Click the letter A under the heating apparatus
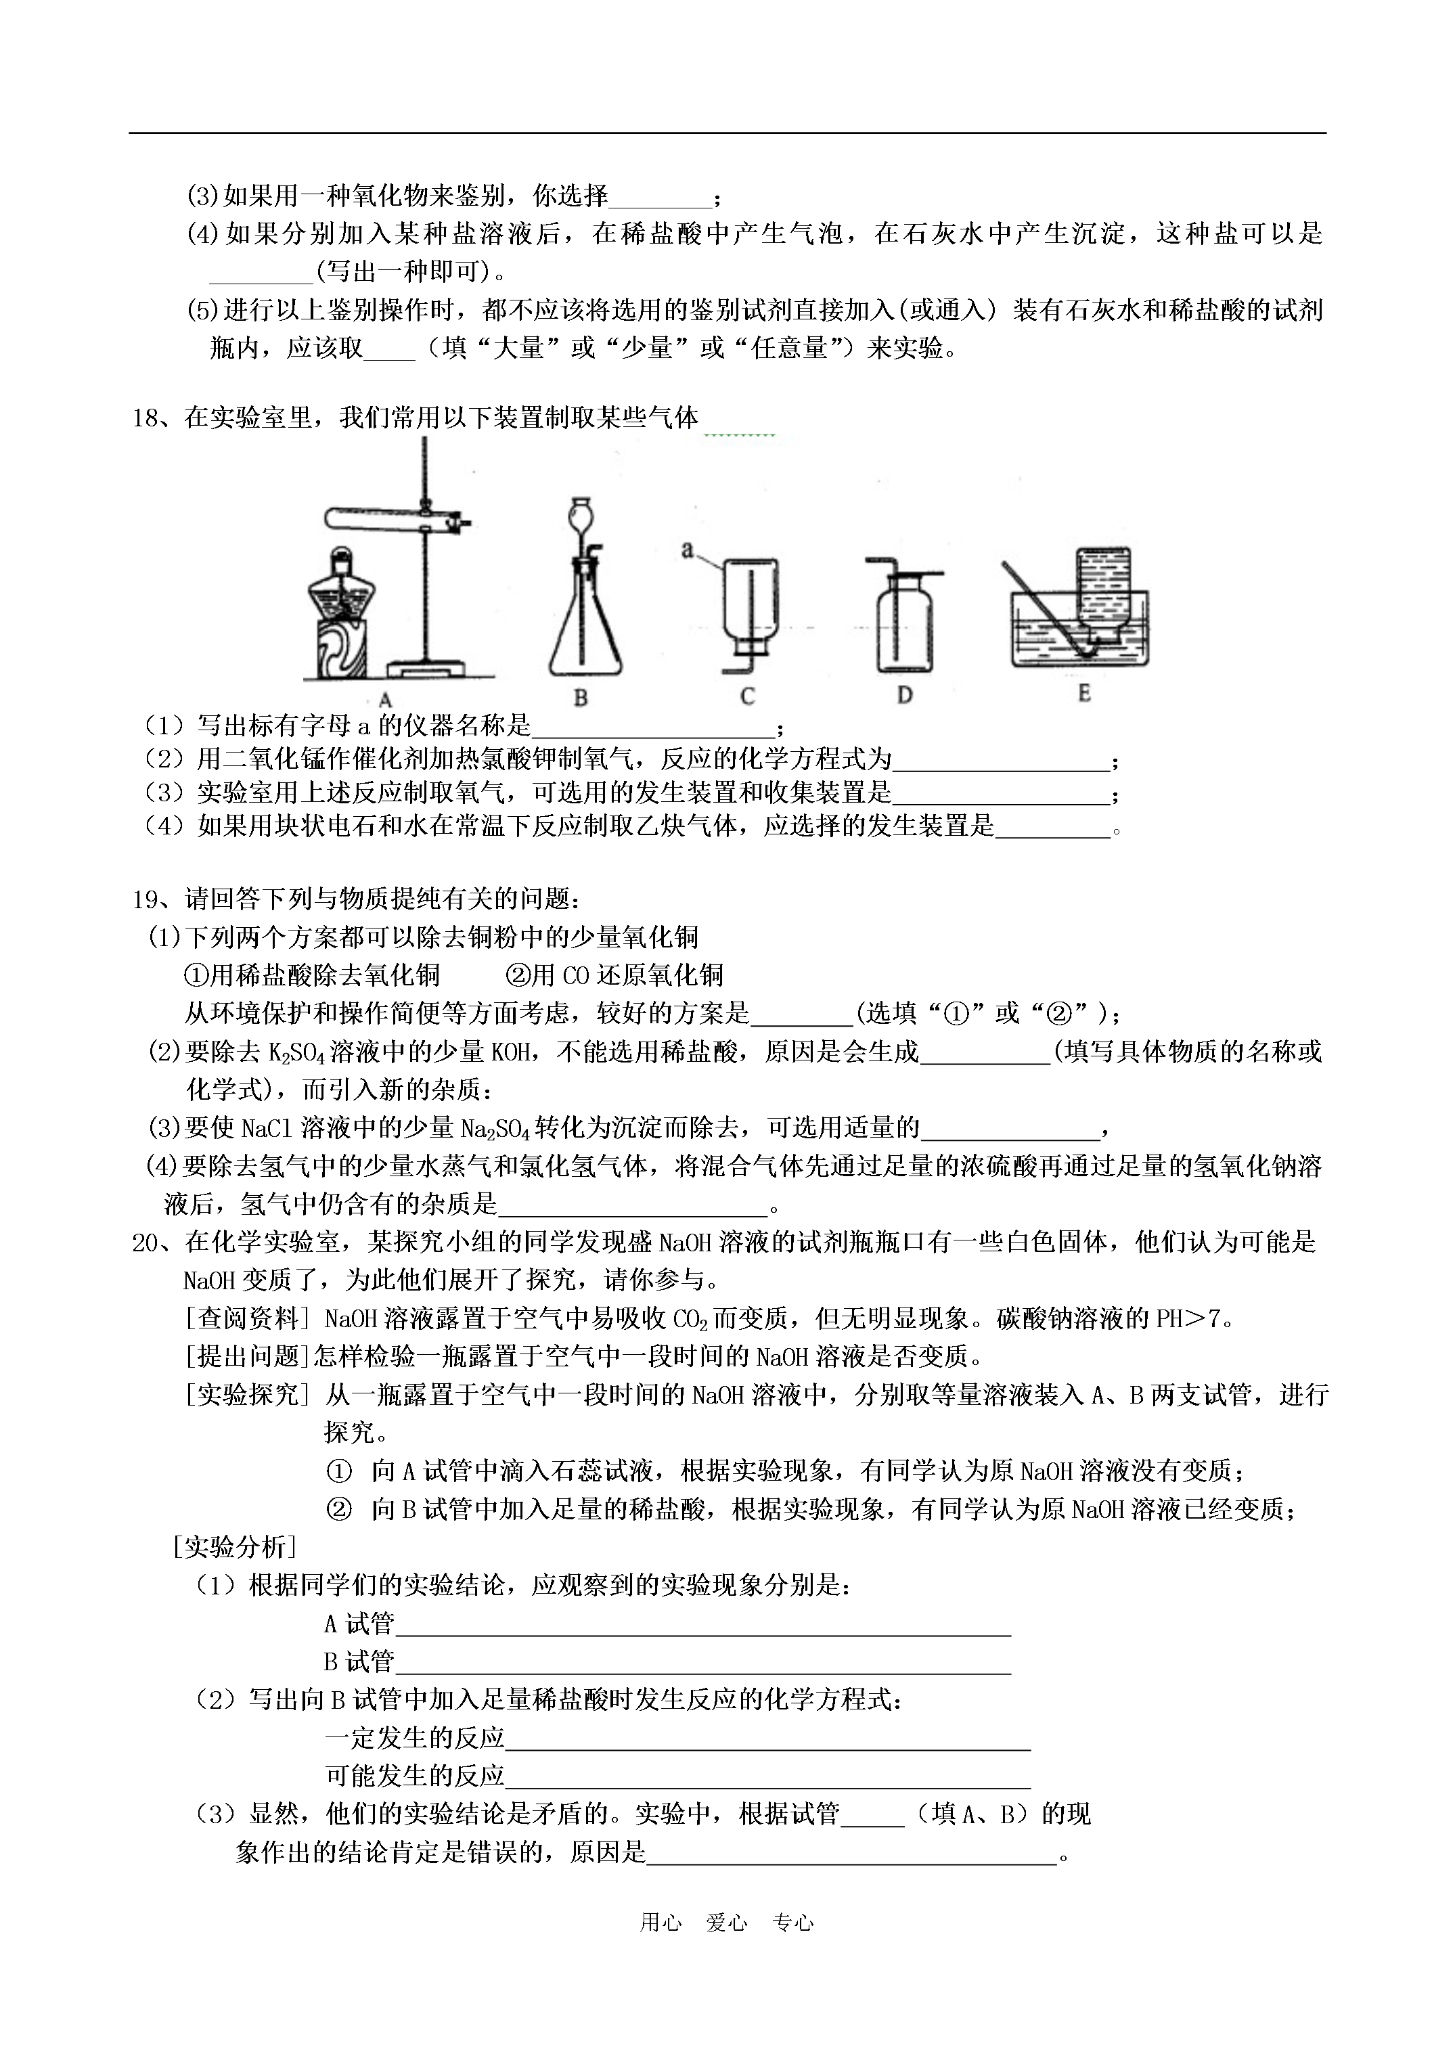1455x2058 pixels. pos(386,700)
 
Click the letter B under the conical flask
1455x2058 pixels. pos(580,697)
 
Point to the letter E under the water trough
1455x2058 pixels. pos(1084,693)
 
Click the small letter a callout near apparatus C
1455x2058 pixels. pos(688,550)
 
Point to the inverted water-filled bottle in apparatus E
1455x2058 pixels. pos(1102,591)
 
